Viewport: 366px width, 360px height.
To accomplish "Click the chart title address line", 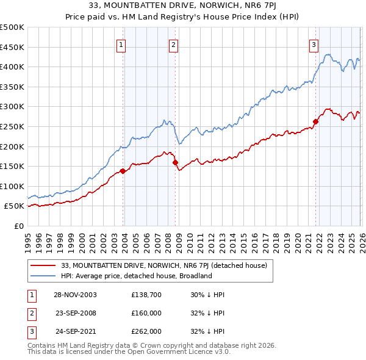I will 183,7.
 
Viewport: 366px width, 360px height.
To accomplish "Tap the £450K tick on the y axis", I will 12,47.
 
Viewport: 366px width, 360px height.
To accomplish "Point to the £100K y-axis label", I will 12,186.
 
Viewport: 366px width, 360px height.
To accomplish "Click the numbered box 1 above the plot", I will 121,44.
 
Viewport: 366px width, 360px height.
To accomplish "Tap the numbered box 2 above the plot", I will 173,44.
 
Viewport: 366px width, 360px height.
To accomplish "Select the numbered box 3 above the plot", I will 314,44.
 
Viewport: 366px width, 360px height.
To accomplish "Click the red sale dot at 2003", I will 123,171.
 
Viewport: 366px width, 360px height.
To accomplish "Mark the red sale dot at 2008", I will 175,162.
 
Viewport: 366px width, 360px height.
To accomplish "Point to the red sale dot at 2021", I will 315,121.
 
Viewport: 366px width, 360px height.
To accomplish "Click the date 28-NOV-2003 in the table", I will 75,294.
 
